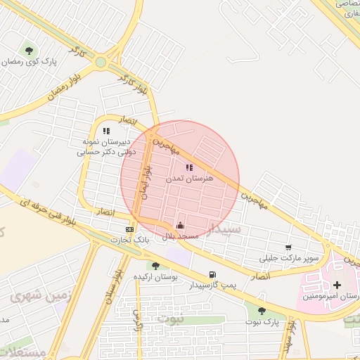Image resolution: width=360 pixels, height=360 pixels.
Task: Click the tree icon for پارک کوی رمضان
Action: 29,50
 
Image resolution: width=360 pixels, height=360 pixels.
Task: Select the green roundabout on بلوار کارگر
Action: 101,62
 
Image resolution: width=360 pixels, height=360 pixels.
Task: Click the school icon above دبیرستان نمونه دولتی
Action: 106,131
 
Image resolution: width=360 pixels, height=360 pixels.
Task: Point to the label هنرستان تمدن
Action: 185,179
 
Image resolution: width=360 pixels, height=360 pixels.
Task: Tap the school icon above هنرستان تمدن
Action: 189,167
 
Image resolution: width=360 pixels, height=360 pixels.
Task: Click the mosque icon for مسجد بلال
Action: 181,226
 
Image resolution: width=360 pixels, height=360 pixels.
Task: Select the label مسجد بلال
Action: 181,237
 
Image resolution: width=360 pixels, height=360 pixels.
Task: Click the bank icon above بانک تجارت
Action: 129,229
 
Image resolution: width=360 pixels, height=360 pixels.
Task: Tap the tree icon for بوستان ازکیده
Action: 155,266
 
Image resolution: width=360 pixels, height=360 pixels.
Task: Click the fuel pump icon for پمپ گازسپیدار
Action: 212,275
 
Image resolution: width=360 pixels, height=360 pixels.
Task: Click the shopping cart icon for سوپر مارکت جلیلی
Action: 289,247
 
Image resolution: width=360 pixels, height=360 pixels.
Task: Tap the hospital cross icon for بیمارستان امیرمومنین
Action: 336,285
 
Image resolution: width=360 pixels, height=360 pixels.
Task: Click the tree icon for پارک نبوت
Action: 262,310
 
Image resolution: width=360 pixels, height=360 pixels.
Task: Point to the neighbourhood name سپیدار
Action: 226,229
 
